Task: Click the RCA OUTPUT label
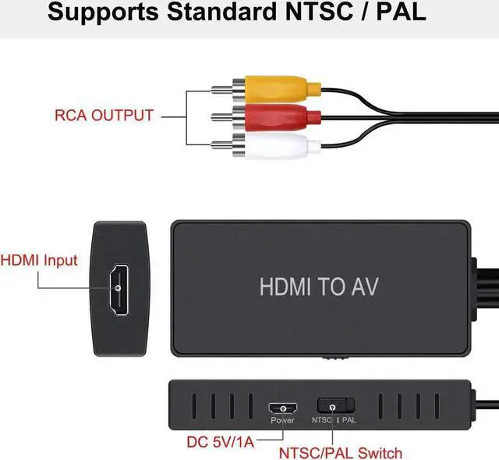104,116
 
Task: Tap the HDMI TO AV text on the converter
318,286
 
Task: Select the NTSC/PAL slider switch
335,406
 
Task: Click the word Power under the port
281,421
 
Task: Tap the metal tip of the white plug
217,146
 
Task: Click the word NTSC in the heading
327,13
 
